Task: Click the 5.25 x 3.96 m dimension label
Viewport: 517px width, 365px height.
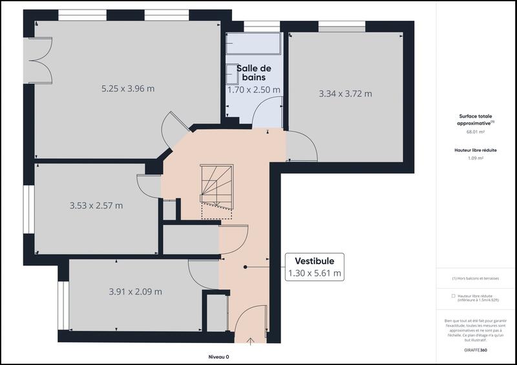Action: pyautogui.click(x=127, y=89)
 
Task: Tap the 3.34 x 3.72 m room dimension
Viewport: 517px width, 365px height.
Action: pyautogui.click(x=345, y=94)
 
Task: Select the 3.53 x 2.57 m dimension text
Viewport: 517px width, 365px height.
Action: pyautogui.click(x=96, y=206)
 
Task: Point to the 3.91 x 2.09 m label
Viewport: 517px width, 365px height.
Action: pyautogui.click(x=136, y=291)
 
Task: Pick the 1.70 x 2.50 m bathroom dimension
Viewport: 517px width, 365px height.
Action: pyautogui.click(x=254, y=89)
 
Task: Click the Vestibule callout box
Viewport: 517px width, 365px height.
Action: pyautogui.click(x=314, y=267)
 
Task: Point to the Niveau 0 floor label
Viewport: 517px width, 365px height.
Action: pyautogui.click(x=218, y=357)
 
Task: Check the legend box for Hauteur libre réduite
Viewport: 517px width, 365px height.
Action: pyautogui.click(x=453, y=296)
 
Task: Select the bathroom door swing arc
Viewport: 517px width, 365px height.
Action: pyautogui.click(x=266, y=112)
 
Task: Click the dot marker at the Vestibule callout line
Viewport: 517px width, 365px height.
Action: pyautogui.click(x=246, y=267)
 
